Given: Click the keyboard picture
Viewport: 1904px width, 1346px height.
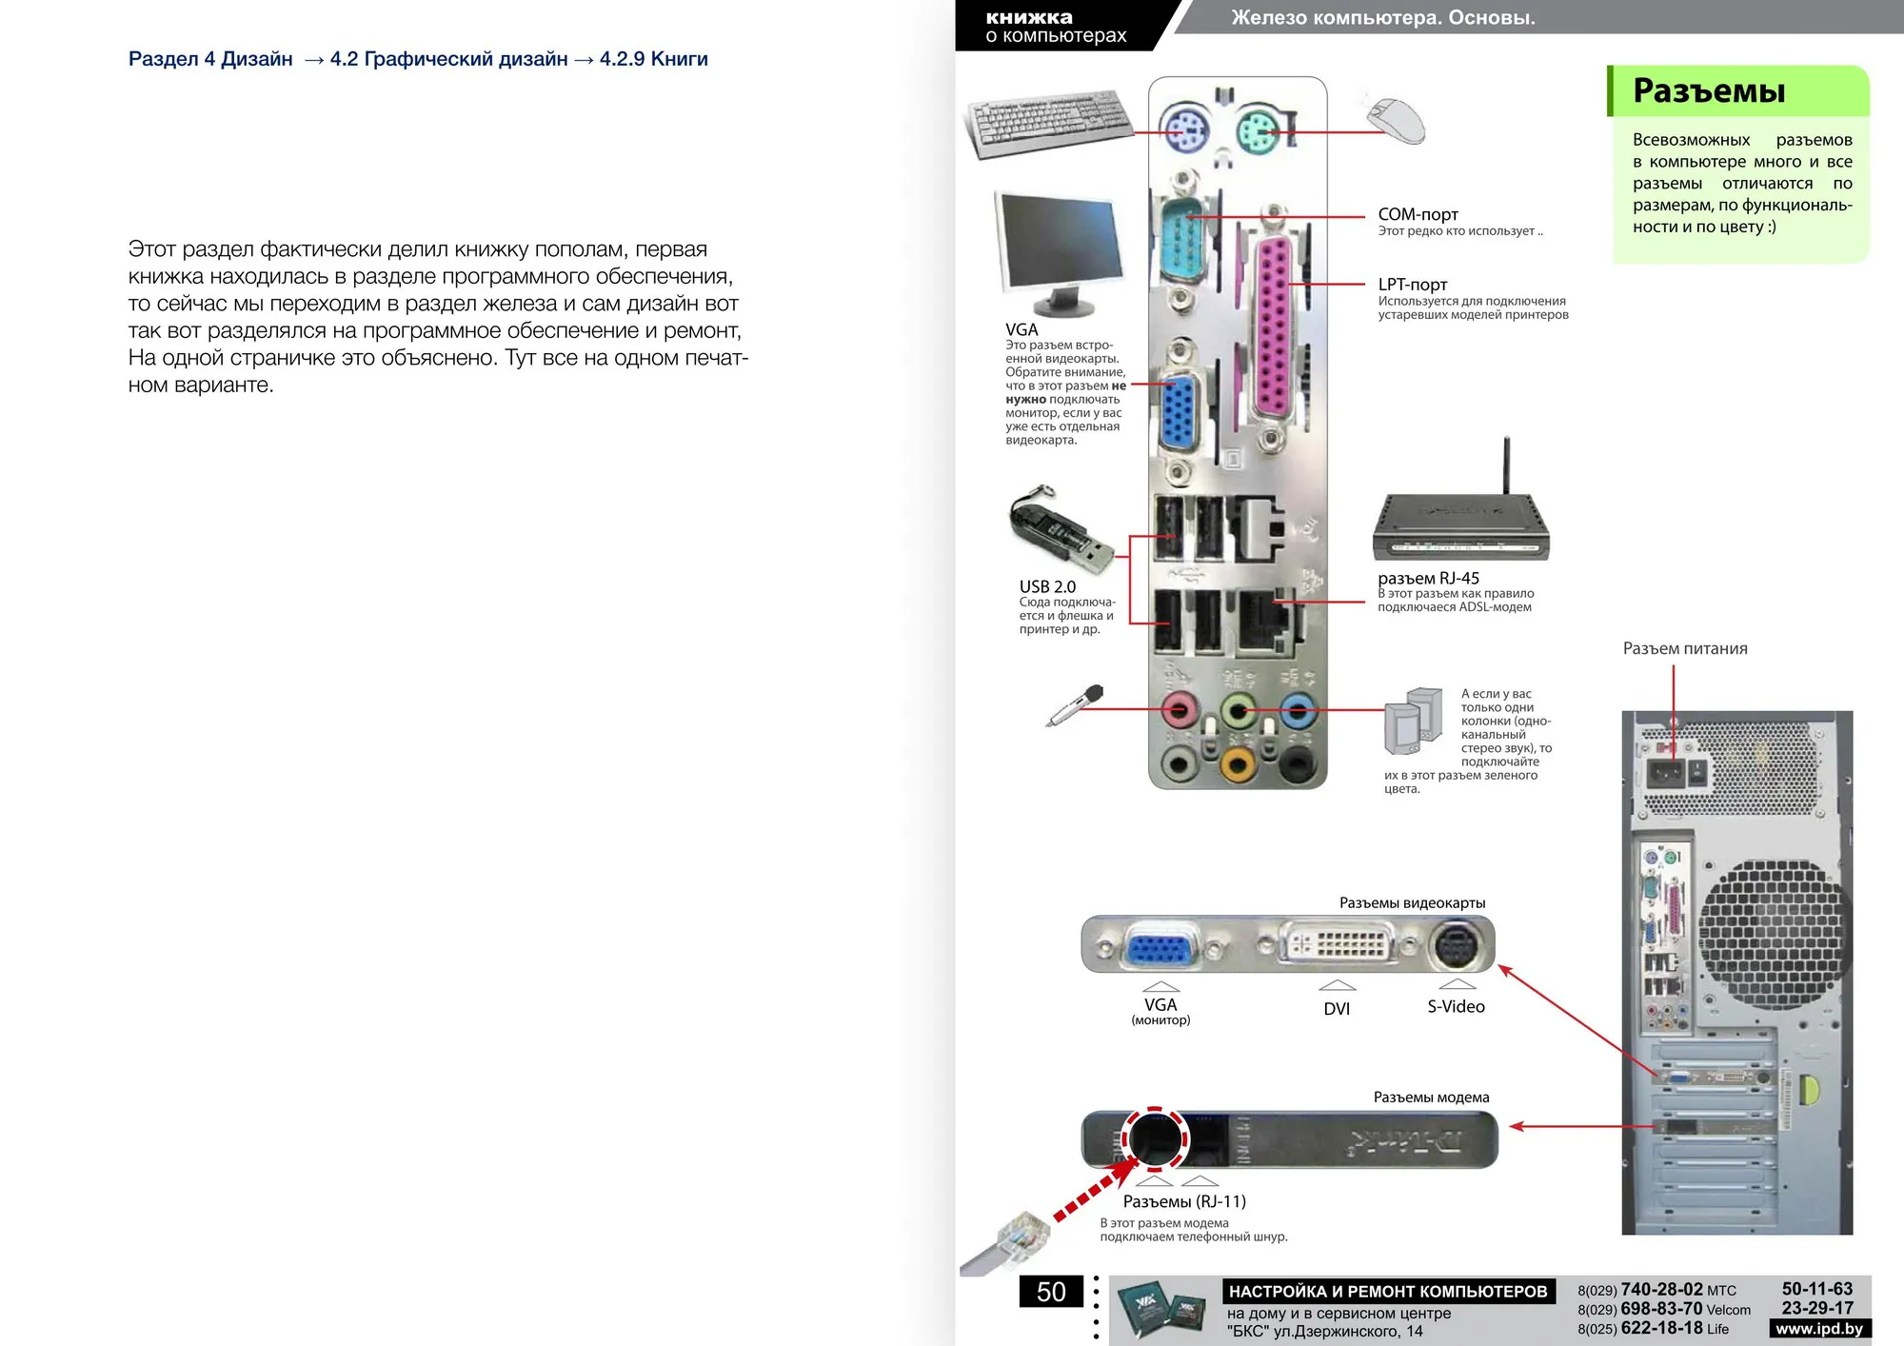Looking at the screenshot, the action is click(1049, 123).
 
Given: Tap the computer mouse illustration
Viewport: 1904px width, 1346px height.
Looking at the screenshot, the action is click(1395, 120).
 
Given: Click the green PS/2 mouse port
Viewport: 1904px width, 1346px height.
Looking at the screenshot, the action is click(1259, 129).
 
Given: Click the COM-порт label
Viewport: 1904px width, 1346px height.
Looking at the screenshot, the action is click(1418, 214).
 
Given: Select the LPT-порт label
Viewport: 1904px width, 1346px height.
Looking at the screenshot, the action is click(1413, 284).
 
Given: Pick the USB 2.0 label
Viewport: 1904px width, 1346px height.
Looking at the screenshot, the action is click(1047, 586).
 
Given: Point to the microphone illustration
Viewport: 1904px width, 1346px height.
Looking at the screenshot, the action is click(1075, 705).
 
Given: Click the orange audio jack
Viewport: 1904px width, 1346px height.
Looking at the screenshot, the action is click(1238, 763).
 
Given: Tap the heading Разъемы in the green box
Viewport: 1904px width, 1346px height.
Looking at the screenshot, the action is click(1709, 90).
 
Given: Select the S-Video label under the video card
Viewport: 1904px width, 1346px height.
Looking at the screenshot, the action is click(1456, 1006).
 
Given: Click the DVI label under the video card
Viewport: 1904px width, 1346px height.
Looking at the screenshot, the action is click(1337, 1008).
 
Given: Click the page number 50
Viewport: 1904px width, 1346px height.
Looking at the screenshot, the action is click(1051, 1292).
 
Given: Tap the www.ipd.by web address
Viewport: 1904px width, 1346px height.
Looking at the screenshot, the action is click(1819, 1329).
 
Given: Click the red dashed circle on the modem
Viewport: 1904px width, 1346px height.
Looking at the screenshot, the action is click(1155, 1138).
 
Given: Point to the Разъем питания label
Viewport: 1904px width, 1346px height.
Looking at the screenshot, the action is click(1685, 648).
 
